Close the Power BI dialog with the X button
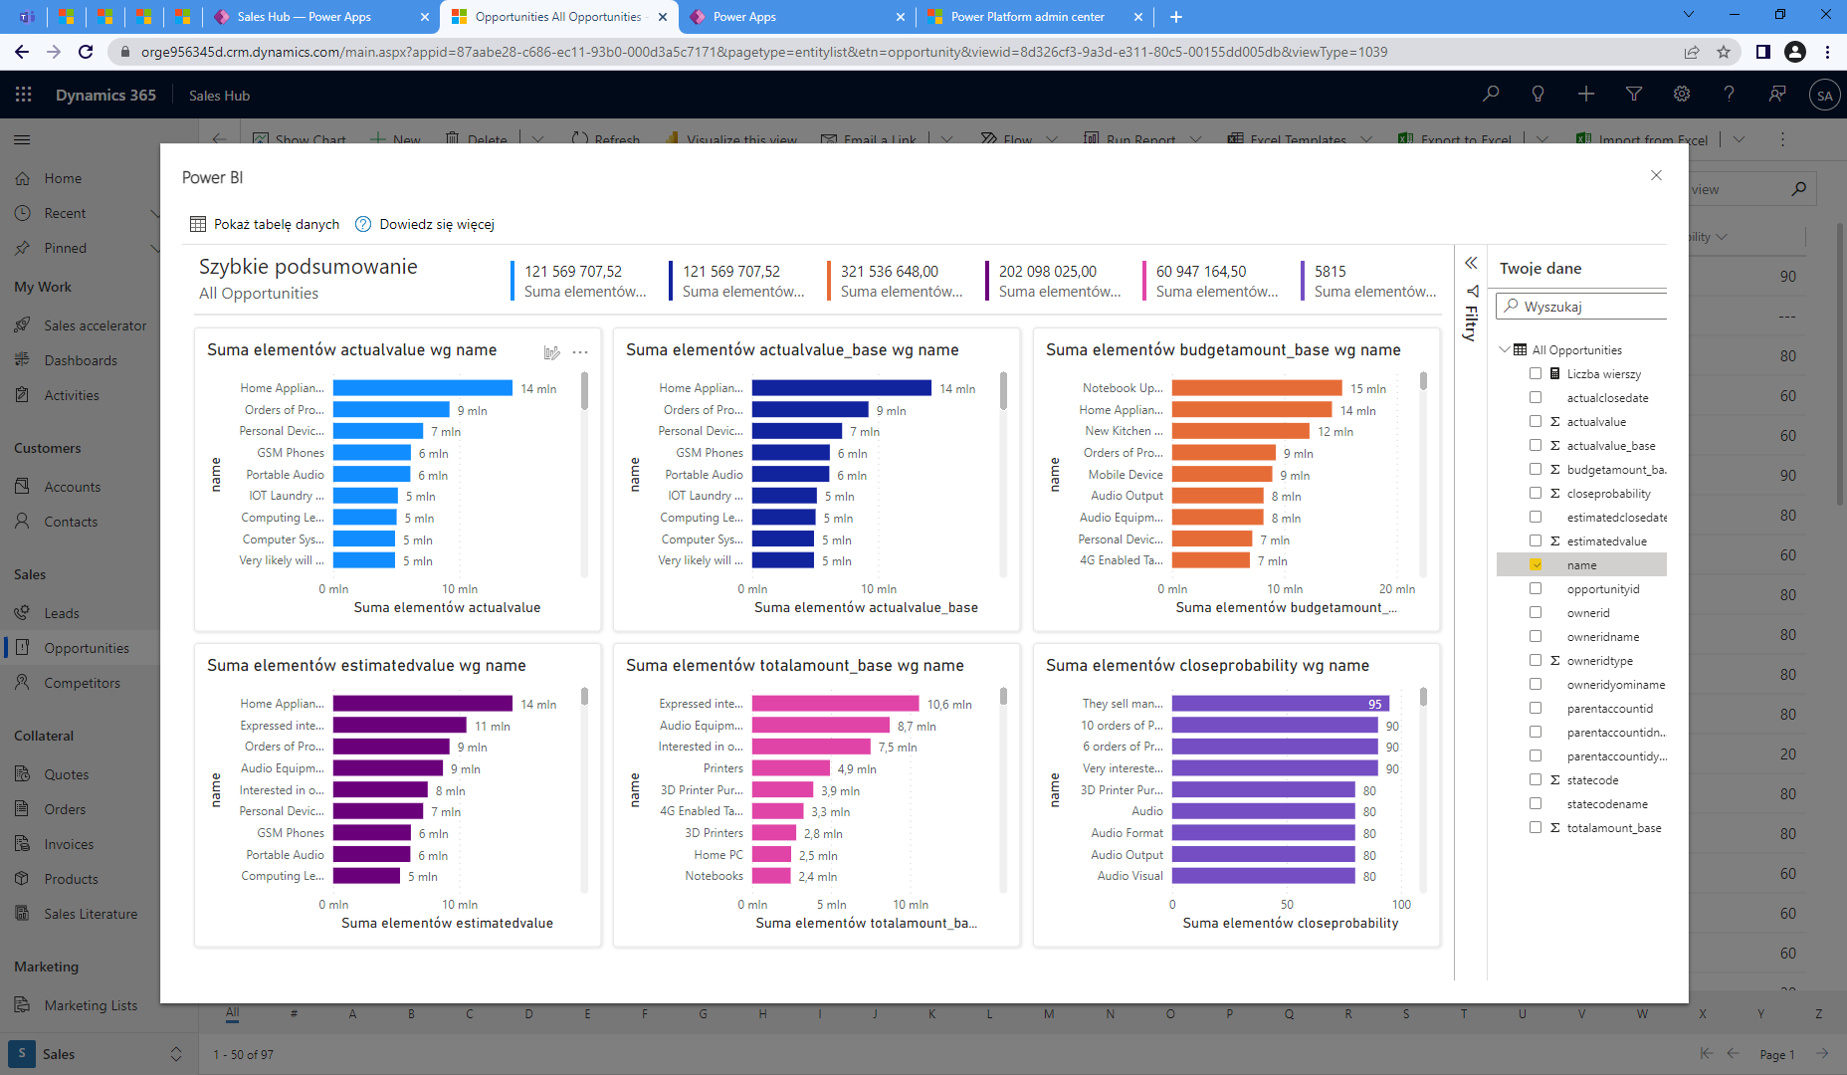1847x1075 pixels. pos(1656,175)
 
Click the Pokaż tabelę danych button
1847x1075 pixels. pos(265,224)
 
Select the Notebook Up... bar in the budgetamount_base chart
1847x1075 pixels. pos(1256,388)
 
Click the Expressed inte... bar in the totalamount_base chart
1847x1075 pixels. pos(834,704)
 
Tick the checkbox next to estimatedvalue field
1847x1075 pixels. pos(1536,540)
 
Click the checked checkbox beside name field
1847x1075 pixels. pos(1536,564)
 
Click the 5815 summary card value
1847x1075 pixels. pos(1330,271)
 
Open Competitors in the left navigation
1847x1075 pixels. pos(82,683)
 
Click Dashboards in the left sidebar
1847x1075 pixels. pos(80,360)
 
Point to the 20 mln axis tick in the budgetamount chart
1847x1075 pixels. pos(1396,589)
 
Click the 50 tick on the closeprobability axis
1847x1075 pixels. pos(1287,905)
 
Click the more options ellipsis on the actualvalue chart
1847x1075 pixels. pos(580,352)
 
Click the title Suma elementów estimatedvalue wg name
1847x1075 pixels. pos(366,665)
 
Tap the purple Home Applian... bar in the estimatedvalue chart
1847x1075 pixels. pos(422,704)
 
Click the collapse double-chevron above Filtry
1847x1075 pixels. pos(1471,263)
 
